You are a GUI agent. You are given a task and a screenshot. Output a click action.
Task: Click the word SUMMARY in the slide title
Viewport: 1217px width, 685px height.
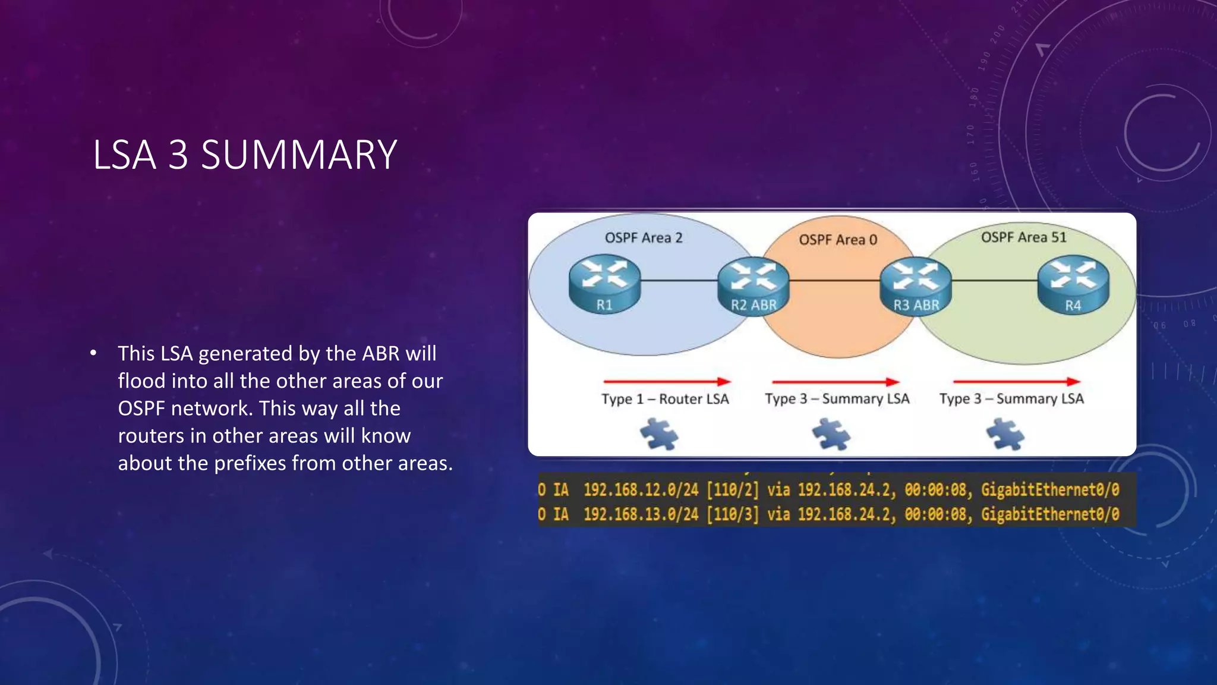point(299,155)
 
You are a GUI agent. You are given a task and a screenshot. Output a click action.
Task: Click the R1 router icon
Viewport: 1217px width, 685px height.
point(604,284)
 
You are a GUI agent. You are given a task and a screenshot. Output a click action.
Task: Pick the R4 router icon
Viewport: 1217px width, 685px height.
point(1073,285)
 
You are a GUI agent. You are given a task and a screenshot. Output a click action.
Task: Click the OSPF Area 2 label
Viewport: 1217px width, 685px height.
point(644,238)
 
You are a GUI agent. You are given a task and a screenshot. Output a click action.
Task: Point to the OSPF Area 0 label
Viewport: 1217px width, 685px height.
point(838,240)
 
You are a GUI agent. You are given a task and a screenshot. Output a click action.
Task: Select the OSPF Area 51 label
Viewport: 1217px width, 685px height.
point(1023,237)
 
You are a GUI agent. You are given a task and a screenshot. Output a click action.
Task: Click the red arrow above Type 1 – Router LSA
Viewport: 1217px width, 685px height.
point(666,381)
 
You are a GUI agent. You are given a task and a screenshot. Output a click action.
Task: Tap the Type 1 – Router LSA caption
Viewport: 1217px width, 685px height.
point(665,399)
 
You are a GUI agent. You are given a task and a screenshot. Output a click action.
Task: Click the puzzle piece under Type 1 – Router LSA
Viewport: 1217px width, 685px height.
point(659,434)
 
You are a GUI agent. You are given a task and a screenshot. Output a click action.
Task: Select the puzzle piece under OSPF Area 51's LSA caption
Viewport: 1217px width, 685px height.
point(1005,434)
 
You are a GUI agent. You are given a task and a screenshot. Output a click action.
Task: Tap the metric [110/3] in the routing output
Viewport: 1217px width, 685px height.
point(732,514)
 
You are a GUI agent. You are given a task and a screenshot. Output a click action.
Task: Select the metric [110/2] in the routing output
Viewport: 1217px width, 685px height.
point(732,490)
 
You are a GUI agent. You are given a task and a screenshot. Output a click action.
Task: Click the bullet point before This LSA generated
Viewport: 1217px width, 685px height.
point(93,354)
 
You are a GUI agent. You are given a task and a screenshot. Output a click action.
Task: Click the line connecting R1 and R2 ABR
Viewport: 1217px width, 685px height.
point(679,280)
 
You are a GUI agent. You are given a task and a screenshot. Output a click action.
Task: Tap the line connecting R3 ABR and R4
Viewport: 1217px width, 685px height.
point(994,280)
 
